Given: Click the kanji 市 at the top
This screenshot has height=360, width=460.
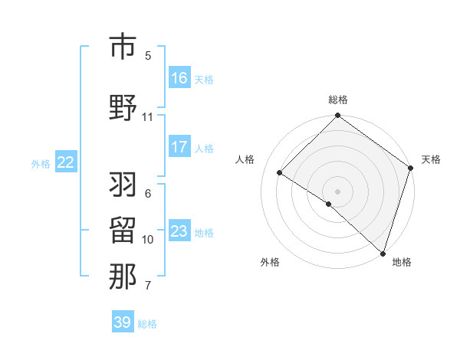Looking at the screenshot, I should click(x=123, y=47).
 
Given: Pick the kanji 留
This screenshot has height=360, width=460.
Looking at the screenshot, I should click(x=123, y=231).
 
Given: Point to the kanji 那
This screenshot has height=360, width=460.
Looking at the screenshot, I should click(x=123, y=277).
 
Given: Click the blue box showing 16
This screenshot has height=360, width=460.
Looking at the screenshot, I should click(x=179, y=77).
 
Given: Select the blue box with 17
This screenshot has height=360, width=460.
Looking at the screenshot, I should click(x=179, y=147).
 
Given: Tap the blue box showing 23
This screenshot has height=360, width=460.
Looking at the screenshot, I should click(x=179, y=231).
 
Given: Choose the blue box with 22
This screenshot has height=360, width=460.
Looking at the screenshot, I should click(x=66, y=162).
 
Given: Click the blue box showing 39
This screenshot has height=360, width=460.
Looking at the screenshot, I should click(x=123, y=322).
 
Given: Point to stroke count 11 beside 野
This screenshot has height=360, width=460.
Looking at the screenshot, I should click(x=147, y=117).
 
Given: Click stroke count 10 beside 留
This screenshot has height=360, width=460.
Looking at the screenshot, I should click(x=147, y=240).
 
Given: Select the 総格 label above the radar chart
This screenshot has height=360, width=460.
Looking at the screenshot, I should click(x=338, y=100).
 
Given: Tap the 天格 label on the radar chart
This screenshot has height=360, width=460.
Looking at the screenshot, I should click(x=431, y=159).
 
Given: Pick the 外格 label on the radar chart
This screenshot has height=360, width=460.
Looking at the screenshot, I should click(x=270, y=262).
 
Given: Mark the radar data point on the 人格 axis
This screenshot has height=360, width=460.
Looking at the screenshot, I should click(x=280, y=173).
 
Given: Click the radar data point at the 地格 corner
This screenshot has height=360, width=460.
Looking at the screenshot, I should click(x=383, y=253).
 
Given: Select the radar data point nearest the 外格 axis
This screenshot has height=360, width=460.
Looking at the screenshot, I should click(x=329, y=204).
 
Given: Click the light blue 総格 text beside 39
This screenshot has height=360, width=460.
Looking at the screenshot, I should click(x=147, y=324).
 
